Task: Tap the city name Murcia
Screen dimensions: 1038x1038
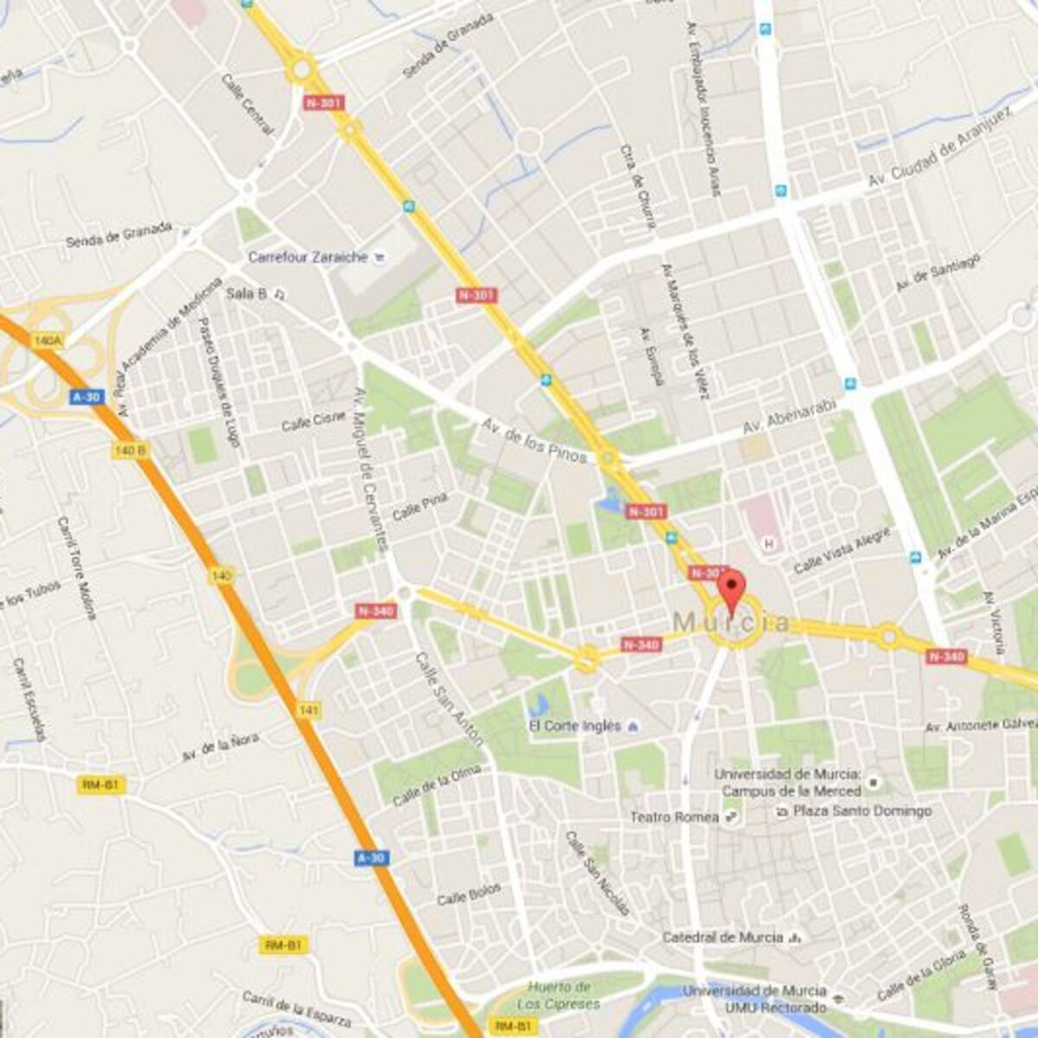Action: point(731,622)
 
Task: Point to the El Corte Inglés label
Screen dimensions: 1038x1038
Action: point(575,726)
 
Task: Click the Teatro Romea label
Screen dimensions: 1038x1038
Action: point(675,817)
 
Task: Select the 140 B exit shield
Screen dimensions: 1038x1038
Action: point(130,451)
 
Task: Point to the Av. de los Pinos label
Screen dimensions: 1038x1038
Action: point(535,440)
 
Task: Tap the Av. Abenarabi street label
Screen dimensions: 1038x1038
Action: point(791,419)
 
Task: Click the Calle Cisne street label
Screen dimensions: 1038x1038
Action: point(313,421)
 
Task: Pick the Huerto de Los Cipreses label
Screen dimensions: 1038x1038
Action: point(559,996)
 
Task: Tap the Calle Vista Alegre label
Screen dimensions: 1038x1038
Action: point(842,550)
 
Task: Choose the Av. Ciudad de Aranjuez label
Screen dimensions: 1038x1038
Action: point(939,150)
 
